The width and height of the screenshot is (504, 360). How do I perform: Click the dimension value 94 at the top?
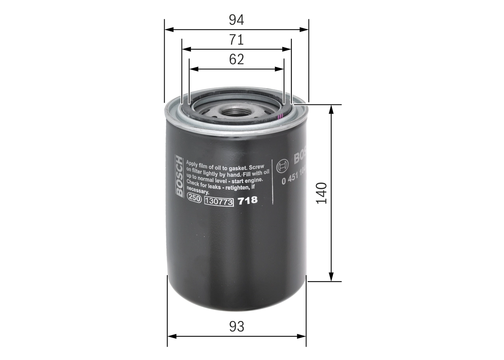[x=237, y=20]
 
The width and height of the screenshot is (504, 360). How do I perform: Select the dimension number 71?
[x=237, y=40]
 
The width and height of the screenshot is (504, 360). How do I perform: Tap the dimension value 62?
[x=237, y=59]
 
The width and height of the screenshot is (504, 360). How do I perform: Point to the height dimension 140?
[x=322, y=193]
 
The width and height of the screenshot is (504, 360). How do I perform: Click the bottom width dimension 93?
[x=237, y=326]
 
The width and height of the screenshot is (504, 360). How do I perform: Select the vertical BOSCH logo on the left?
[x=179, y=176]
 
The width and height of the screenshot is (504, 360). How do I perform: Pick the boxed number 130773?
[x=219, y=202]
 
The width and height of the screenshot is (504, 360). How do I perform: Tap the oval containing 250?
[x=194, y=199]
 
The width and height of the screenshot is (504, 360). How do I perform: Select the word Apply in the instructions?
[x=193, y=163]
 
